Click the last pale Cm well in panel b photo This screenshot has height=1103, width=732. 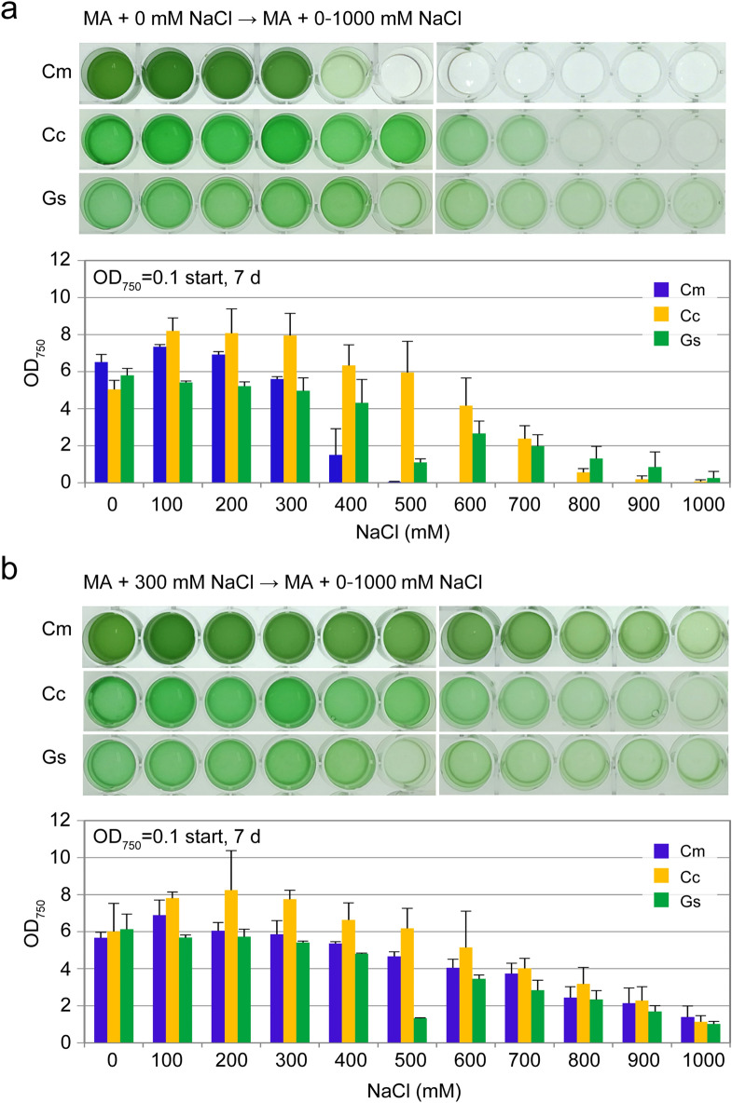[x=695, y=633]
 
